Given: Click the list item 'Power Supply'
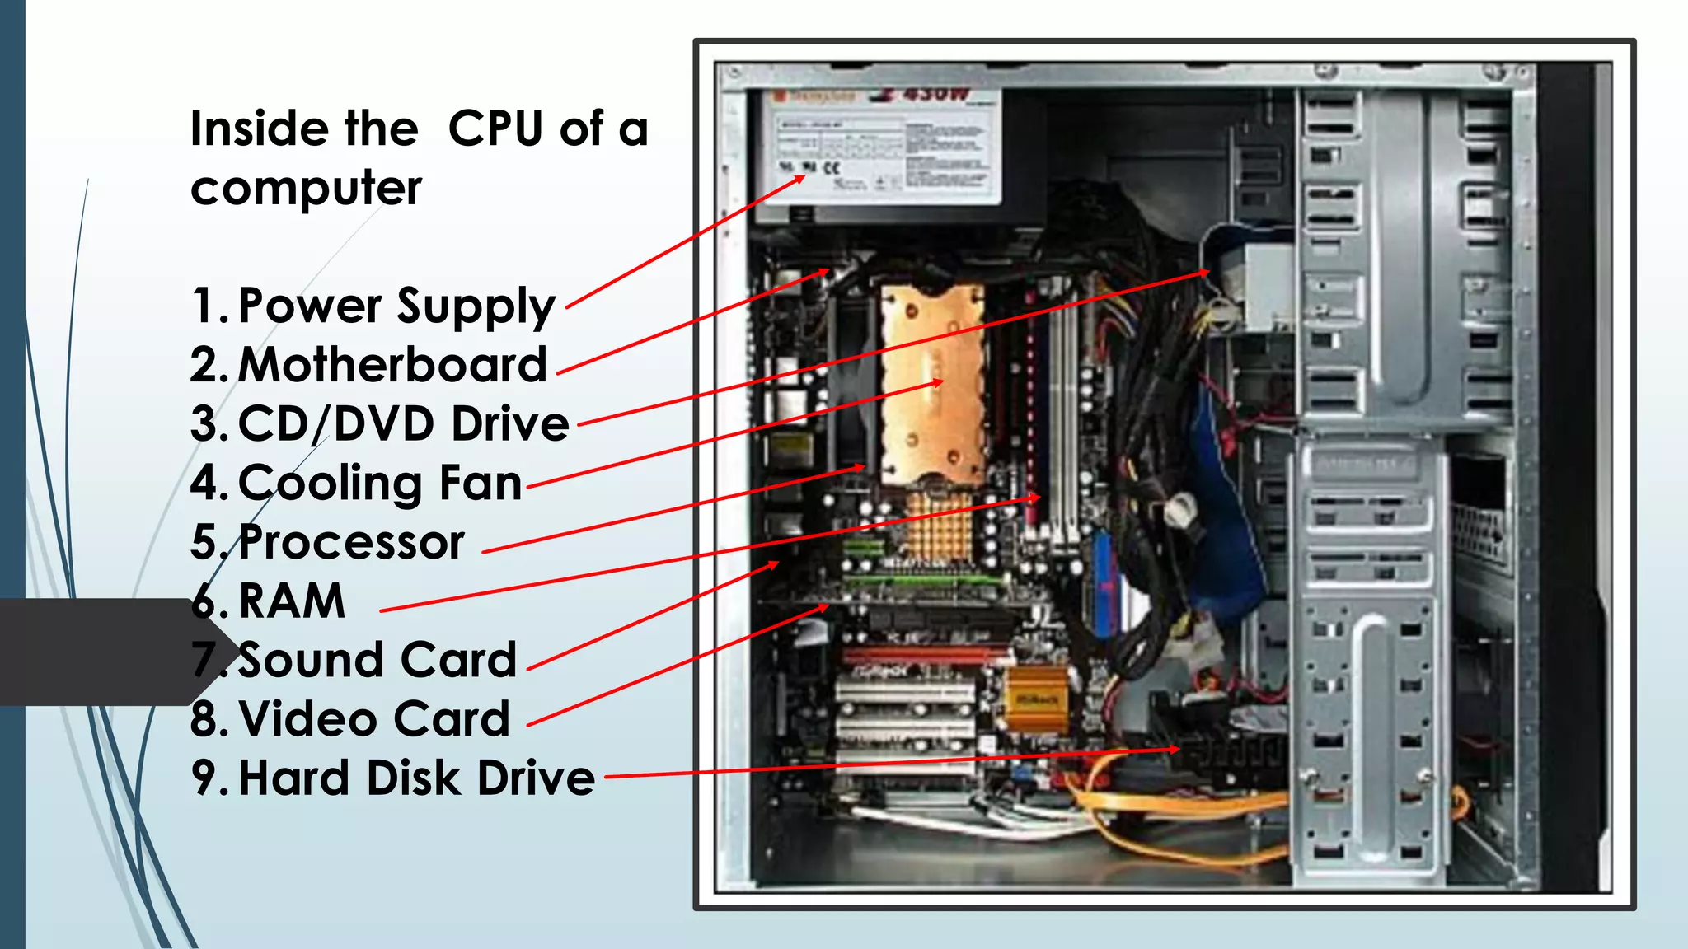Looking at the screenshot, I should click(x=396, y=306).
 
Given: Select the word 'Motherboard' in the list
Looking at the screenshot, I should click(x=392, y=365).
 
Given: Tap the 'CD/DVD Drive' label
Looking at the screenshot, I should click(x=403, y=424).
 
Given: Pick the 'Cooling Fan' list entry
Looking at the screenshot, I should click(x=380, y=484).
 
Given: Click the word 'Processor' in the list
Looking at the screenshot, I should click(x=351, y=543).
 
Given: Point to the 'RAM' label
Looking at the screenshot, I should click(x=292, y=601).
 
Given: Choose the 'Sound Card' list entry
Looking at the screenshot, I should click(x=377, y=661).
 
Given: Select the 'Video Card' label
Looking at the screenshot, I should click(x=374, y=719).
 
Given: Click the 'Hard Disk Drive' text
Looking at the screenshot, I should click(x=416, y=778).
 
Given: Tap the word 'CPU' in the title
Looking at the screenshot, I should click(x=495, y=129).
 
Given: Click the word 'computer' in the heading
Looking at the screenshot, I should click(x=306, y=189).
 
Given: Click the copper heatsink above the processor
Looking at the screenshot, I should click(x=931, y=383).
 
